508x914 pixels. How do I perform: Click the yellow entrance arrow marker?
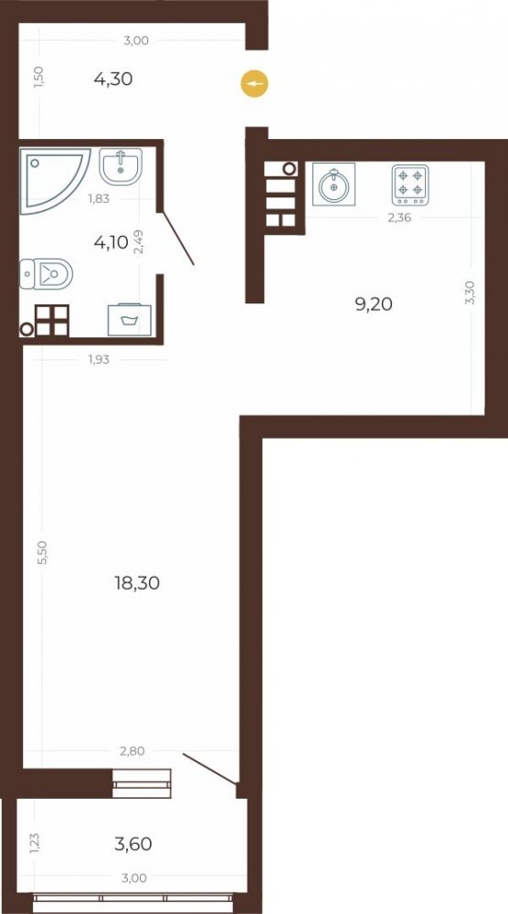pyautogui.click(x=255, y=84)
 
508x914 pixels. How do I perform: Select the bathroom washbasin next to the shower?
pyautogui.click(x=120, y=166)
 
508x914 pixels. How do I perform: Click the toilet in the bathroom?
pyautogui.click(x=46, y=274)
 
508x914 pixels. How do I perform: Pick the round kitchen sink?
pyautogui.click(x=333, y=185)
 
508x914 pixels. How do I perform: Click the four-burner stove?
pyautogui.click(x=410, y=185)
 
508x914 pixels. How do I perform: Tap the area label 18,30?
pyautogui.click(x=137, y=582)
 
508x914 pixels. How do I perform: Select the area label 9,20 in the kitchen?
pyautogui.click(x=374, y=303)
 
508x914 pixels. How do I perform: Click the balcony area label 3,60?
pyautogui.click(x=132, y=844)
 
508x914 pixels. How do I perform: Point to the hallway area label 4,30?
pyautogui.click(x=113, y=79)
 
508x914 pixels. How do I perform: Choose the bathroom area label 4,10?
pyautogui.click(x=111, y=242)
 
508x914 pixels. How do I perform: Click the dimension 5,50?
pyautogui.click(x=41, y=551)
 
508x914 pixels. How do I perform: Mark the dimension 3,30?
pyautogui.click(x=471, y=292)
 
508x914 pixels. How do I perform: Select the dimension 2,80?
pyautogui.click(x=132, y=751)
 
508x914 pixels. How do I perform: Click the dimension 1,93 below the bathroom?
pyautogui.click(x=99, y=359)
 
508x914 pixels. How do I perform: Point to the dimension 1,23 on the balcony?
pyautogui.click(x=35, y=844)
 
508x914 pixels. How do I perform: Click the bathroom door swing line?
pyautogui.click(x=178, y=239)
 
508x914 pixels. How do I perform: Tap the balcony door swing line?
pyautogui.click(x=210, y=769)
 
